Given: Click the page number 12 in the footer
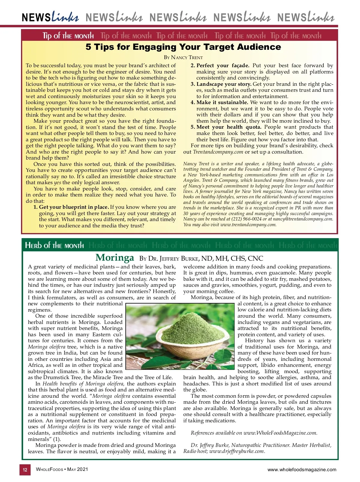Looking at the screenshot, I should click(x=25, y=470).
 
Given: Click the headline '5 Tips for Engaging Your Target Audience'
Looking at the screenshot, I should click(x=183, y=47).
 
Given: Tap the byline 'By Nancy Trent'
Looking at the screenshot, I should click(x=183, y=57).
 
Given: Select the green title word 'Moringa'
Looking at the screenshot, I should click(x=115, y=258).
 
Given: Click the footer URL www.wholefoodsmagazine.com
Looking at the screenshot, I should click(x=302, y=470).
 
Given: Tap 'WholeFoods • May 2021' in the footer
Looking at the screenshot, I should click(x=62, y=469).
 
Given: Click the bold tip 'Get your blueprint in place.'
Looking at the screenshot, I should click(x=74, y=207).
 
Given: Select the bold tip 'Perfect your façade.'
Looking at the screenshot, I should click(x=223, y=65).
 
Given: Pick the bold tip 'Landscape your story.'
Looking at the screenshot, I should click(x=224, y=84).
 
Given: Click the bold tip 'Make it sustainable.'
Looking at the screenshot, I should click(x=222, y=102).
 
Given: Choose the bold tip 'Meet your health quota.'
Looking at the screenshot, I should click(x=229, y=127).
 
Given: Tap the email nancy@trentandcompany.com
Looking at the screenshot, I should click(x=303, y=219).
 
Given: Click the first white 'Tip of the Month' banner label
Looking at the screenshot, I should click(x=68, y=36).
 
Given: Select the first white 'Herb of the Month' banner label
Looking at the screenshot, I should click(x=55, y=245).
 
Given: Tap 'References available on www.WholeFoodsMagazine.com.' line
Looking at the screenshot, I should click(x=254, y=433).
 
